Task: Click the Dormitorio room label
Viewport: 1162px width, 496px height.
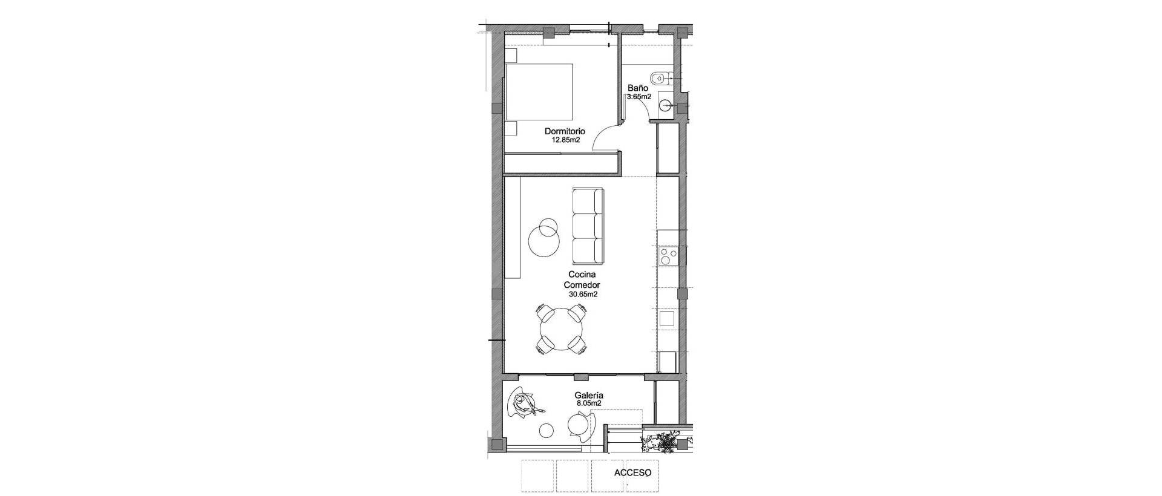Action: [565, 131]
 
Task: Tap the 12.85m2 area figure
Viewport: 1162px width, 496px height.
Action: [565, 140]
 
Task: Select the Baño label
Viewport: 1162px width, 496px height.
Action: [637, 88]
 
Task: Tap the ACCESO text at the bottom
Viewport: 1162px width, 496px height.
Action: [632, 472]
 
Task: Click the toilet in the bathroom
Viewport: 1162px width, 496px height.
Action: [660, 78]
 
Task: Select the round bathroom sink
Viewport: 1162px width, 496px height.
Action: [666, 106]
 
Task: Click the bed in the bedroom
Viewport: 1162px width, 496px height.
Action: [539, 91]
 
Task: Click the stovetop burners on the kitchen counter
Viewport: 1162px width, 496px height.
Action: [668, 256]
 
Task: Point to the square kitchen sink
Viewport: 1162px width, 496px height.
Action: [667, 319]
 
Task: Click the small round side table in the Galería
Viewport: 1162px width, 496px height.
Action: [123, 430]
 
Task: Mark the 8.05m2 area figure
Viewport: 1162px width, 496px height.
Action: [589, 403]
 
